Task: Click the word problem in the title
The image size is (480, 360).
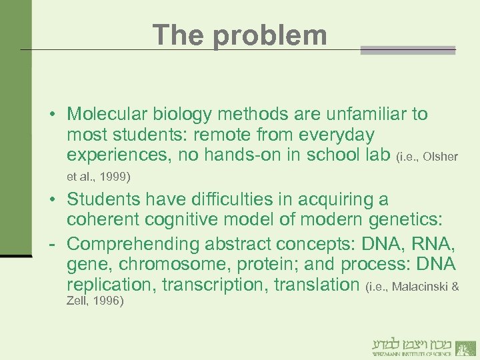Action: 270,35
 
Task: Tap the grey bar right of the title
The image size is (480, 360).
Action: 407,50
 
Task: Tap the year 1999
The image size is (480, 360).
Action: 117,177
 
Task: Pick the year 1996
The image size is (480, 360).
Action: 108,301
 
